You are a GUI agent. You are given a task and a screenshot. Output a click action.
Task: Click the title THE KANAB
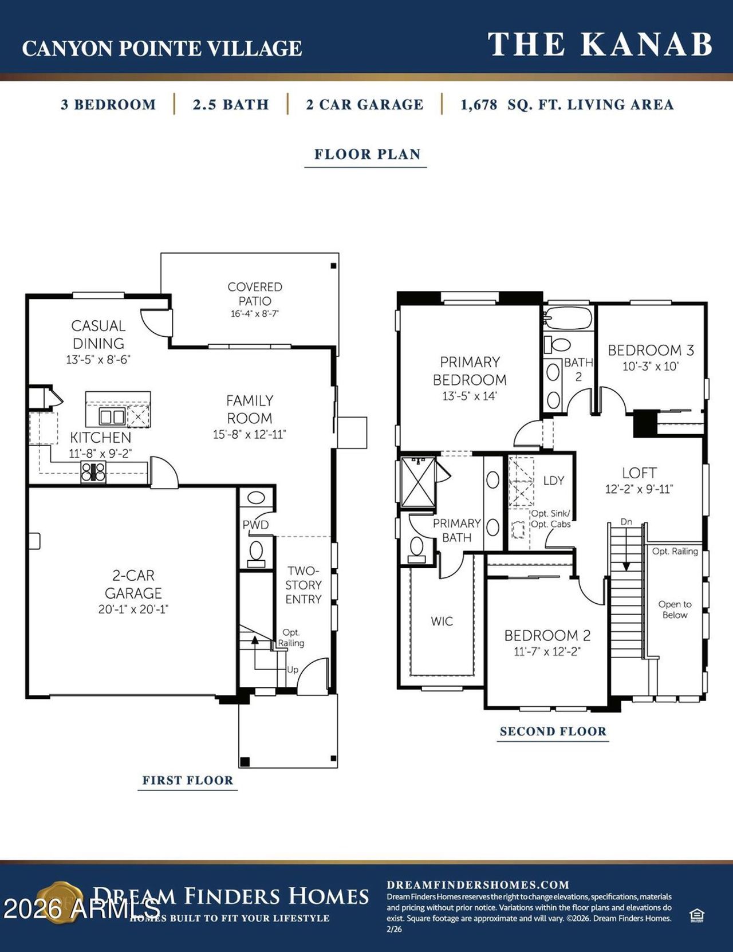(x=600, y=45)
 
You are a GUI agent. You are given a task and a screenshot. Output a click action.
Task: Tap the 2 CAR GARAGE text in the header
(x=365, y=105)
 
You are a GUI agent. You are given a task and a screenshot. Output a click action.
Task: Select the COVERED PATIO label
(x=255, y=294)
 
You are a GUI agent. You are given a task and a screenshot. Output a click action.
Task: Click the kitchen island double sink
(x=112, y=416)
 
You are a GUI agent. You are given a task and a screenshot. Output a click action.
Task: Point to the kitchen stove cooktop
(x=93, y=471)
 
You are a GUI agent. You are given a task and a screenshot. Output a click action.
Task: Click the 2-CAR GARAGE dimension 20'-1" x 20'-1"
(x=133, y=609)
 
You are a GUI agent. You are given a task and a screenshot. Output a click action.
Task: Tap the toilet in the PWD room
(x=256, y=553)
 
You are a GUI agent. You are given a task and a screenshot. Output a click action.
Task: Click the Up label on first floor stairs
(x=292, y=670)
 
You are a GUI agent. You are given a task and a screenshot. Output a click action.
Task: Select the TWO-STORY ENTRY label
(x=303, y=585)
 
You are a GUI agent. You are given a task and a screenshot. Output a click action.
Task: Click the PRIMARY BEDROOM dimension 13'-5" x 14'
(x=470, y=396)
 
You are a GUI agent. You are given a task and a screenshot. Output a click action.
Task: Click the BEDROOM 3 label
(x=651, y=350)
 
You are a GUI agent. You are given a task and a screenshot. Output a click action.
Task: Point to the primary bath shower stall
(x=418, y=482)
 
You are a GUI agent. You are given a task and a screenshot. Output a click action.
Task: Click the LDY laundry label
(x=553, y=481)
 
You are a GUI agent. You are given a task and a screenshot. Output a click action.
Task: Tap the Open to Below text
(x=675, y=609)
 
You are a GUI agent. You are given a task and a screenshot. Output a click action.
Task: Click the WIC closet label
(x=442, y=621)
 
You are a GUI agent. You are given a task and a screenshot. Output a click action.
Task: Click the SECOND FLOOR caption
(x=553, y=731)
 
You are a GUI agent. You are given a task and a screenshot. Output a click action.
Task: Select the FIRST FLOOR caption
(x=188, y=780)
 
